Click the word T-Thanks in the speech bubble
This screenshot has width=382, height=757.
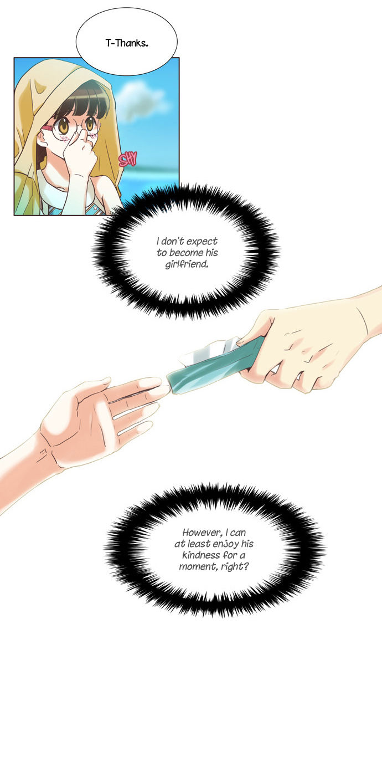[127, 43]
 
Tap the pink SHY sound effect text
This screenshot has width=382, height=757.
[128, 159]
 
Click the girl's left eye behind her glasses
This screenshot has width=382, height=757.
[90, 123]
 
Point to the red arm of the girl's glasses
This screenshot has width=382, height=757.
[47, 129]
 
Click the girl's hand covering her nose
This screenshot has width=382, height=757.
[77, 148]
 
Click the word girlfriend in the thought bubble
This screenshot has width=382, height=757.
[187, 264]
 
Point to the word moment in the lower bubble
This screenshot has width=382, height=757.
[199, 566]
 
